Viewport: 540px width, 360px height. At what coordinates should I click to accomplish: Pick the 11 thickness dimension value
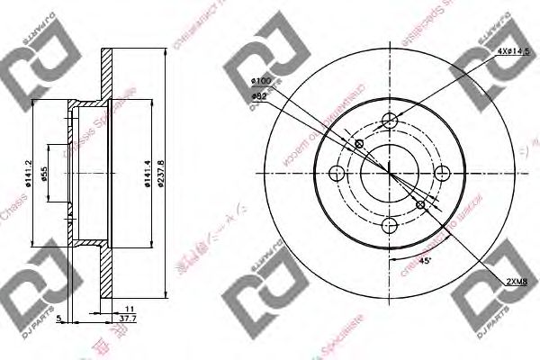coord(130,309)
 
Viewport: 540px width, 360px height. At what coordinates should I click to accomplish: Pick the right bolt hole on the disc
coord(442,175)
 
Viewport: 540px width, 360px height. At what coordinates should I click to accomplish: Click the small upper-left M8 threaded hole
coord(359,144)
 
